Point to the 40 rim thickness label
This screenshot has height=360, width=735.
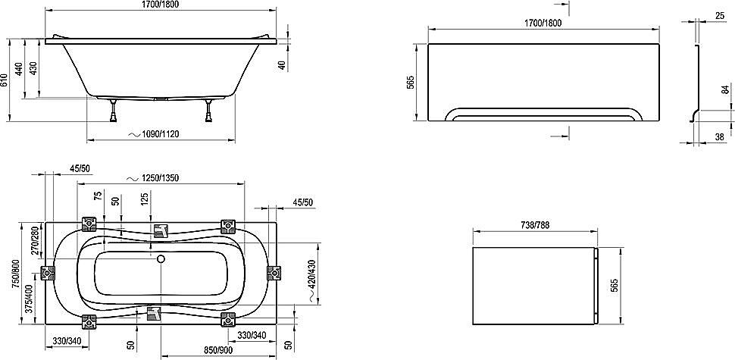pyautogui.click(x=281, y=65)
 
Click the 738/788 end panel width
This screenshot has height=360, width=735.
pyautogui.click(x=534, y=225)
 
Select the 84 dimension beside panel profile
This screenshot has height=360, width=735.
pyautogui.click(x=724, y=90)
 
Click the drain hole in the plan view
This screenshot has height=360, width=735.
pyautogui.click(x=160, y=258)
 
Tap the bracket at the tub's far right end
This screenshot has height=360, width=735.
pyautogui.click(x=274, y=273)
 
